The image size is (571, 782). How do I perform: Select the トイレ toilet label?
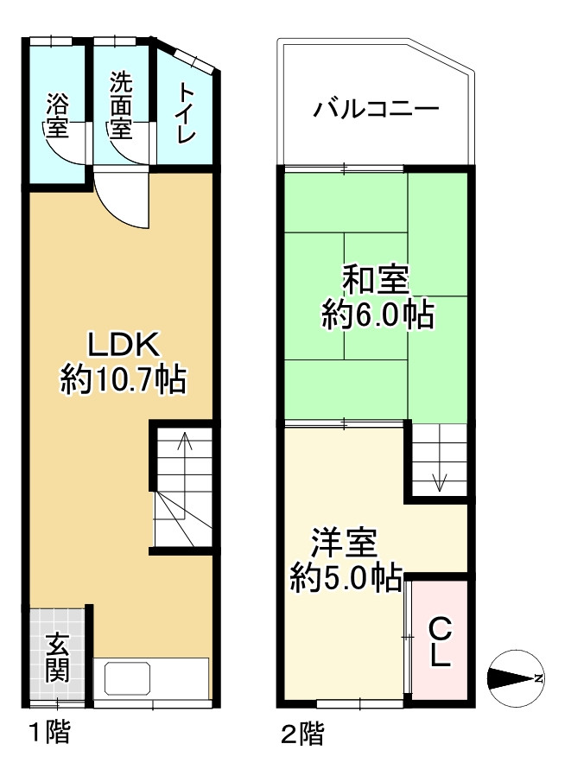click(x=187, y=113)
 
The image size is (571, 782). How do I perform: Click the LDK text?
click(x=124, y=346)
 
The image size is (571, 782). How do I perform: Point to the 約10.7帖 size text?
click(x=124, y=380)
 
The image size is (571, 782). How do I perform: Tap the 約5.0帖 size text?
click(x=345, y=575)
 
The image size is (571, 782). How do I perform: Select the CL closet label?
click(x=440, y=641)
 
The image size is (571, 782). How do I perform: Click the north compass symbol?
click(x=515, y=677)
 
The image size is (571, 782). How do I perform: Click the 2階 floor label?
click(x=301, y=734)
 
